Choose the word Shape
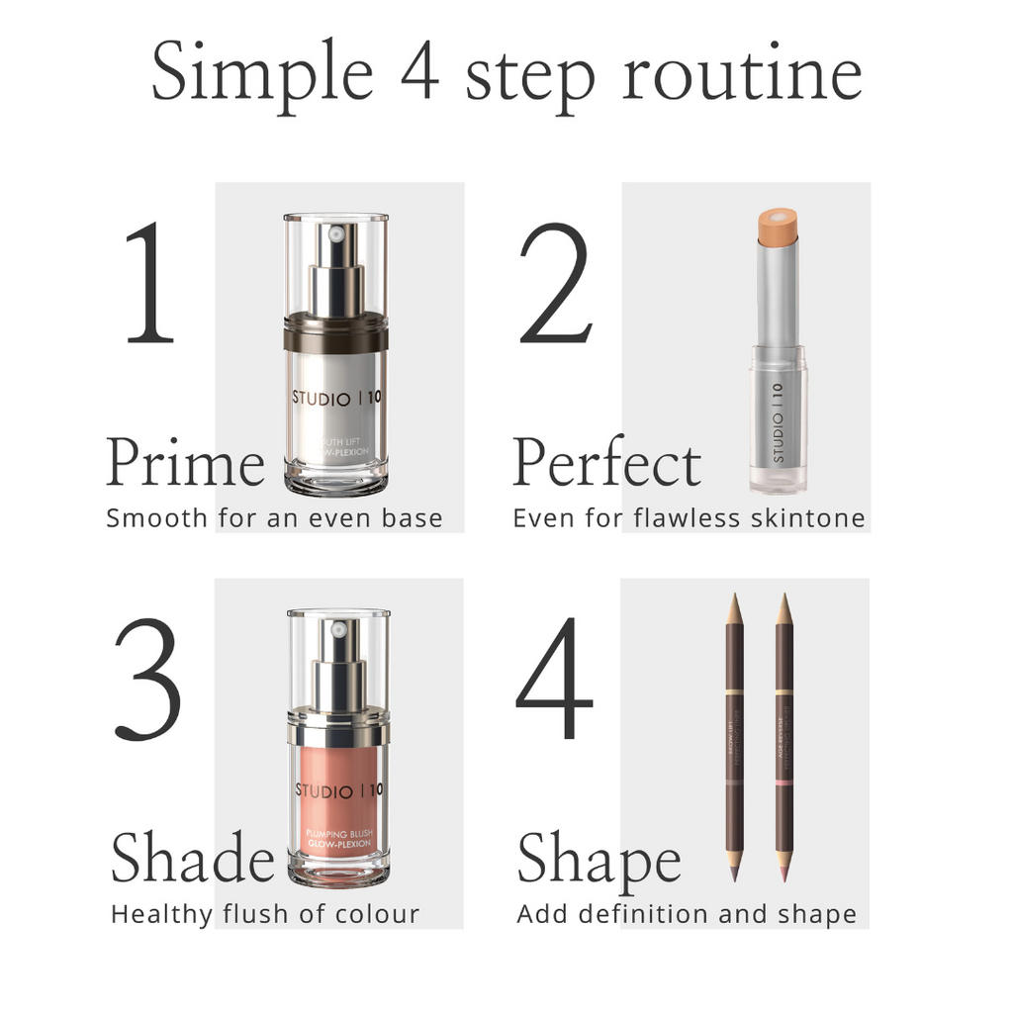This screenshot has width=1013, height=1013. [x=599, y=859]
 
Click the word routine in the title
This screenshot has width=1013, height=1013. [x=741, y=76]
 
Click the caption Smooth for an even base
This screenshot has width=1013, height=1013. [x=274, y=518]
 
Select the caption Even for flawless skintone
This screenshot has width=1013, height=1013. [x=689, y=518]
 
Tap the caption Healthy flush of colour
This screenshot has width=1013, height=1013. [x=265, y=914]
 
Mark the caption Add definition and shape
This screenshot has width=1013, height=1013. [x=687, y=914]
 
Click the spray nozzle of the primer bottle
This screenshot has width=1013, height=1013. [x=335, y=236]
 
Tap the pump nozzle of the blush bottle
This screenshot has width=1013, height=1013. [x=338, y=631]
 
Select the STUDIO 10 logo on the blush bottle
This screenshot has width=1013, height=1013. [x=337, y=790]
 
